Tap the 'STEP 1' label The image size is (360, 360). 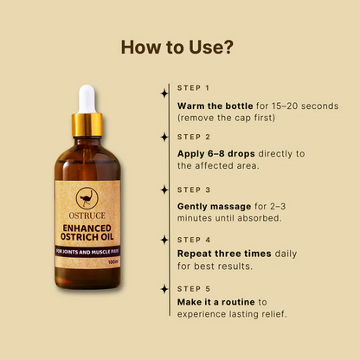[194, 88]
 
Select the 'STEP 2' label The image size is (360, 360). [194, 137]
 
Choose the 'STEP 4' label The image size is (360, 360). [194, 240]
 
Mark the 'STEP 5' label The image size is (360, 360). [194, 288]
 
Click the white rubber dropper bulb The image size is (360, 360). [87, 98]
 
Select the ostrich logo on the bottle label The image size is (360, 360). [87, 197]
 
